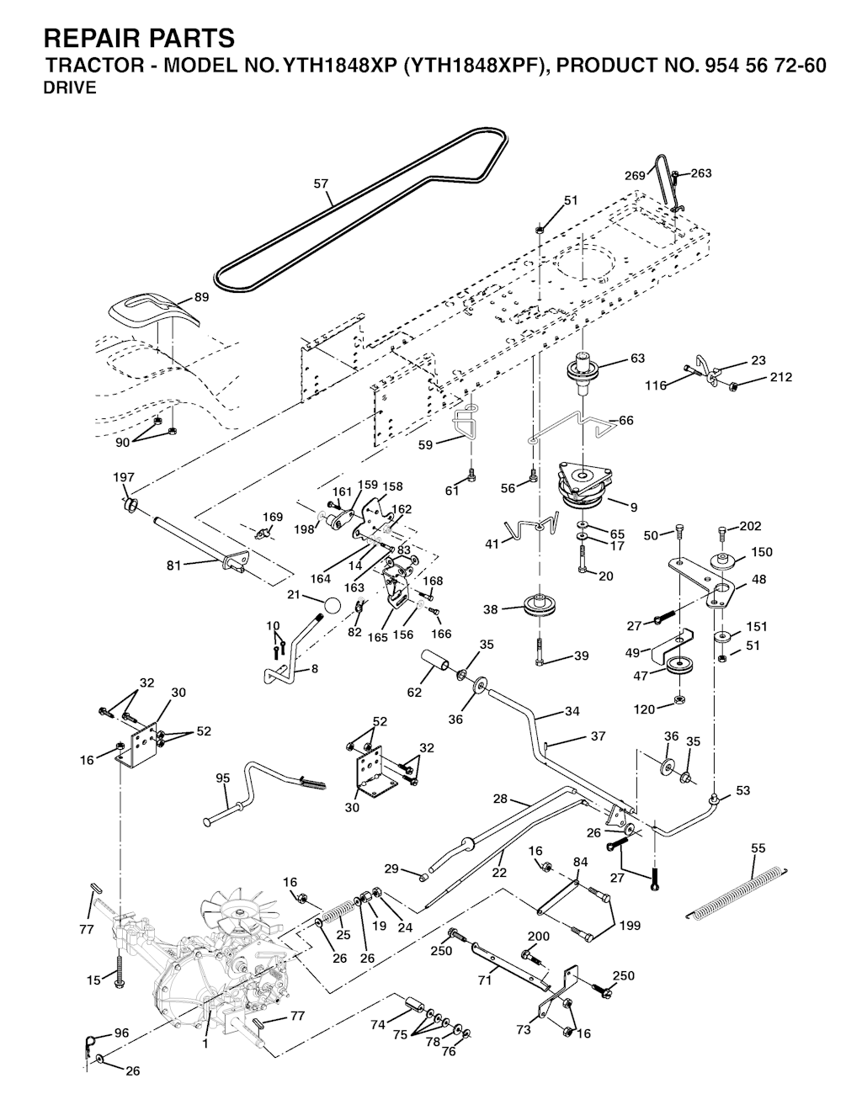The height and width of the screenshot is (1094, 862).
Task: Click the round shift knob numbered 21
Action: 333,606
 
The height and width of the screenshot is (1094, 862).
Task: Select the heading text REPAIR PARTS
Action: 139,38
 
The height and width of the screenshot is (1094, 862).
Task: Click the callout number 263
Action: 700,173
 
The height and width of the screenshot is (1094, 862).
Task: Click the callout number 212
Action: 780,377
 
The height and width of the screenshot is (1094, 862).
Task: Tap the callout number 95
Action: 223,778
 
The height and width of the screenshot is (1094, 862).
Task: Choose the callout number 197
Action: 124,477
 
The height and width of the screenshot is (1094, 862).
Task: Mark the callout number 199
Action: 628,926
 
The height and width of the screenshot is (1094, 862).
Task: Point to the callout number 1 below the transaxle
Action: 205,1043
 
